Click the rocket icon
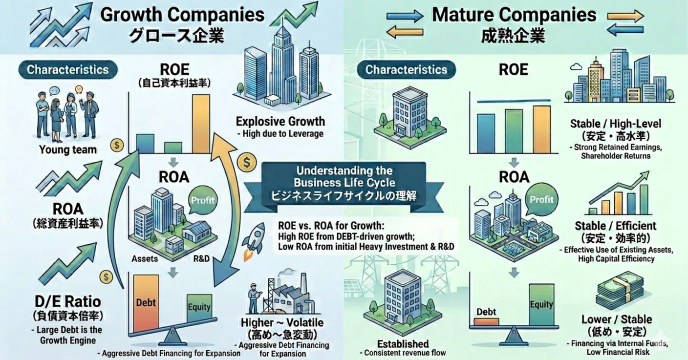254,241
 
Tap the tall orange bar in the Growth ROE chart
201,124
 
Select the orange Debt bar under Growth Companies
146,303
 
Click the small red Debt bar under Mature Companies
486,322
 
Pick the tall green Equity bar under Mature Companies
541,304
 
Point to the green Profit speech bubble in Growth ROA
203,200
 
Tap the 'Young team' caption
68,149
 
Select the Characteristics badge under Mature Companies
407,70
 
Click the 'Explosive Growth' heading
280,121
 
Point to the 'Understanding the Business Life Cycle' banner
344,188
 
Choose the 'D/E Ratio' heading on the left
68,302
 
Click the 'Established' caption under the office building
403,344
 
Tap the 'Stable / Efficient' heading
616,226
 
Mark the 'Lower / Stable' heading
617,319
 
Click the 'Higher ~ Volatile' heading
282,322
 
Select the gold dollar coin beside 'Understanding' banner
247,162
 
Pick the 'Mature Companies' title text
515,15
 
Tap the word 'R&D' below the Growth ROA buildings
201,258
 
